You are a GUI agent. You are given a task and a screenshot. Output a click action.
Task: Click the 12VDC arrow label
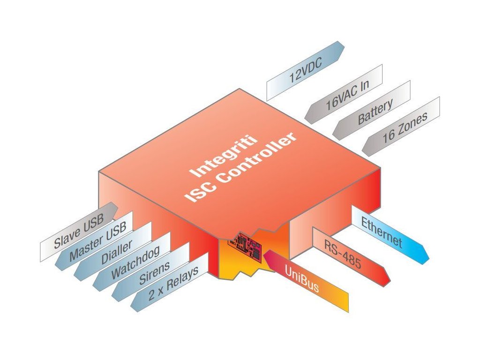pos(305,70)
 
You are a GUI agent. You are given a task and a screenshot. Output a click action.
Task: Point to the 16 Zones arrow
pos(404,127)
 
